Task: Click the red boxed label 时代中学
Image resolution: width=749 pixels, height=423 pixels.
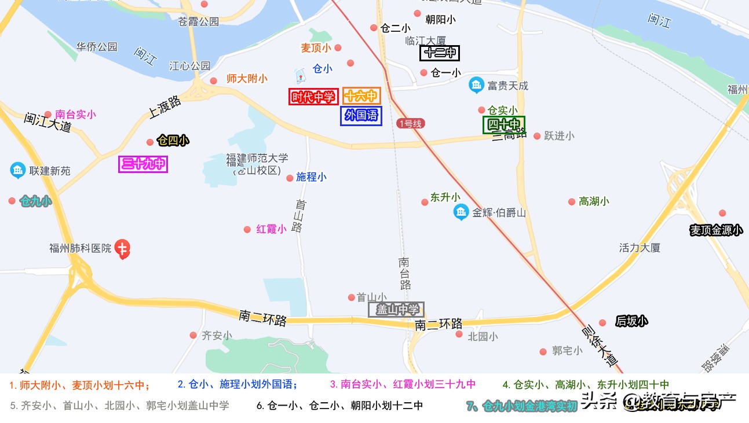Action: pyautogui.click(x=313, y=97)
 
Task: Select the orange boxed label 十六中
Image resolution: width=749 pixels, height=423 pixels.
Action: pyautogui.click(x=361, y=96)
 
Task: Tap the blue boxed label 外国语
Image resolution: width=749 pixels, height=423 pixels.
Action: pyautogui.click(x=361, y=116)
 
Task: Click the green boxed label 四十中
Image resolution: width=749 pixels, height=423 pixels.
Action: pyautogui.click(x=504, y=124)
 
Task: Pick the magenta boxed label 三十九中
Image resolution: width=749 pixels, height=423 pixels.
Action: pyautogui.click(x=143, y=164)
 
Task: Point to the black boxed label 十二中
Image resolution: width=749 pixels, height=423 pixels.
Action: pyautogui.click(x=440, y=53)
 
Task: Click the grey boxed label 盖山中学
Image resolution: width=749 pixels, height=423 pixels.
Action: pyautogui.click(x=397, y=310)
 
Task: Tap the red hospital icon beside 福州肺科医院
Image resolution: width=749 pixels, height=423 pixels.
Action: pyautogui.click(x=122, y=249)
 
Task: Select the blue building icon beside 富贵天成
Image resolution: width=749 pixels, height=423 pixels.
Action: pyautogui.click(x=476, y=86)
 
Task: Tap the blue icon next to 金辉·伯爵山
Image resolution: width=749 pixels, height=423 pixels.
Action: pyautogui.click(x=461, y=212)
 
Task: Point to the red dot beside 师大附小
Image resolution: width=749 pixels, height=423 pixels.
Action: pyautogui.click(x=214, y=80)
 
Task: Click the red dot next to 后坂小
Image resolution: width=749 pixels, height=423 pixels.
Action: pyautogui.click(x=602, y=323)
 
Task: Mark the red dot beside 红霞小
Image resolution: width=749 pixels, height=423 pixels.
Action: pyautogui.click(x=247, y=230)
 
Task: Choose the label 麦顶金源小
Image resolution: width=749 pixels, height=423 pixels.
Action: pyautogui.click(x=715, y=230)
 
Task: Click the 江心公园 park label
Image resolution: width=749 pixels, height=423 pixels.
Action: pyautogui.click(x=189, y=66)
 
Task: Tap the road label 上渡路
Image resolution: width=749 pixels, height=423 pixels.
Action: pyautogui.click(x=165, y=108)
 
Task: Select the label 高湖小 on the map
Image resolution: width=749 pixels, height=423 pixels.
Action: pyautogui.click(x=594, y=201)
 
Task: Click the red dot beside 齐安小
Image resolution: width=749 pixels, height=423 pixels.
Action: pyautogui.click(x=193, y=335)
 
